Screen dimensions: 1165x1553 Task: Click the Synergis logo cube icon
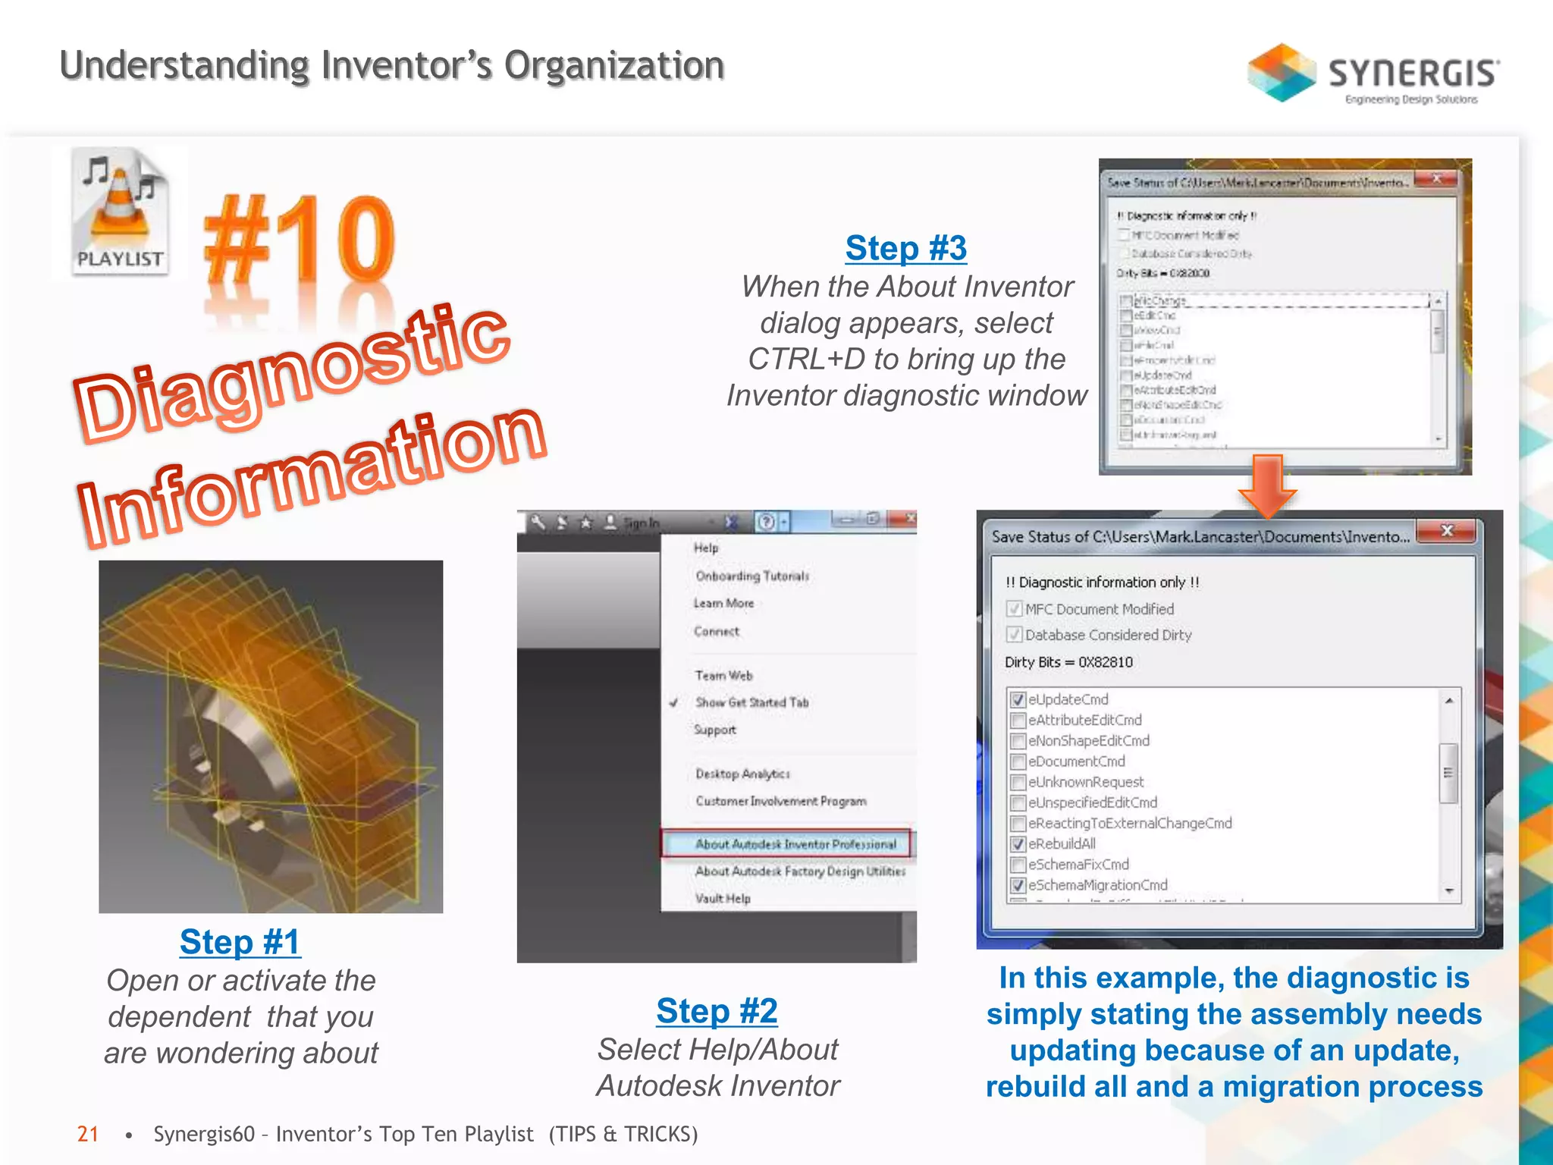tap(1282, 73)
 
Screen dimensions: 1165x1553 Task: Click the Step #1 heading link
tap(240, 942)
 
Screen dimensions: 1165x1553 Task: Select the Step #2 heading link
tap(717, 1011)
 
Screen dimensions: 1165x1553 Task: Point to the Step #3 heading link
tap(906, 248)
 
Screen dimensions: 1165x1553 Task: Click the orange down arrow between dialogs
tap(1267, 485)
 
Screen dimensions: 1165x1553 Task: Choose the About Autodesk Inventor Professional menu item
tap(795, 844)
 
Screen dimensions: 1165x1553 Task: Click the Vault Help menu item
tap(723, 899)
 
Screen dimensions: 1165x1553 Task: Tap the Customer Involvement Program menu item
tap(780, 802)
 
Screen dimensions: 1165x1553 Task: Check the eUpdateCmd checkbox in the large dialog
tap(1018, 700)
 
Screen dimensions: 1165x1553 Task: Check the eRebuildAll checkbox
tap(1018, 844)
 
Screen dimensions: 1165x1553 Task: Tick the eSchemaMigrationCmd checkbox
tap(1018, 885)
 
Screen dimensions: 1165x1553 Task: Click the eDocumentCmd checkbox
tap(1018, 761)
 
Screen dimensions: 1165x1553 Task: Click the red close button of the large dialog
tap(1446, 531)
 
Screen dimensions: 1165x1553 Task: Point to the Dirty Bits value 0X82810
tap(1105, 662)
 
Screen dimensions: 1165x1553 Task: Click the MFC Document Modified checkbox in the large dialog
tap(1015, 609)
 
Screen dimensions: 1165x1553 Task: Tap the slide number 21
tap(88, 1134)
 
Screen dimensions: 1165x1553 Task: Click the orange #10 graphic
tap(300, 239)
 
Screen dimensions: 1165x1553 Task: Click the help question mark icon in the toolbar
tap(767, 522)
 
